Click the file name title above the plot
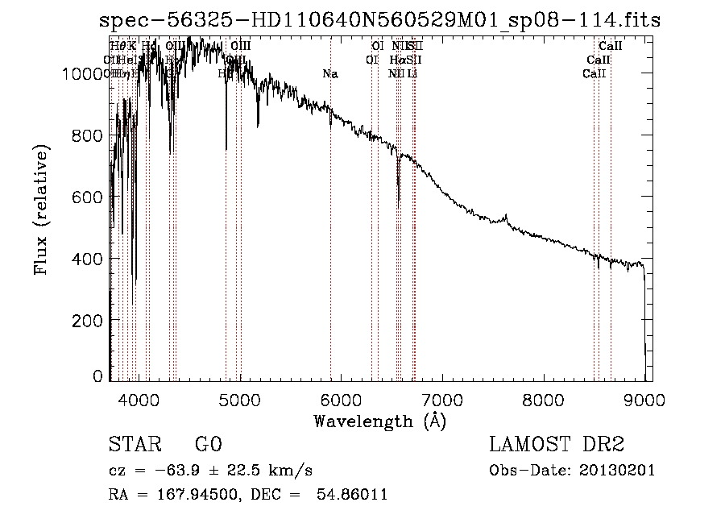(379, 20)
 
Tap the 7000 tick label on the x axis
(442, 398)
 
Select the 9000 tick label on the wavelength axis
(644, 398)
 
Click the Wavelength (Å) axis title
(379, 421)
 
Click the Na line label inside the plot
(329, 74)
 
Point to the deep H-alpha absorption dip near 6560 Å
(398, 197)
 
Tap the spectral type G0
(208, 446)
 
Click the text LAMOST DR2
(557, 446)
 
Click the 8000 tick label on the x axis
(544, 398)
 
